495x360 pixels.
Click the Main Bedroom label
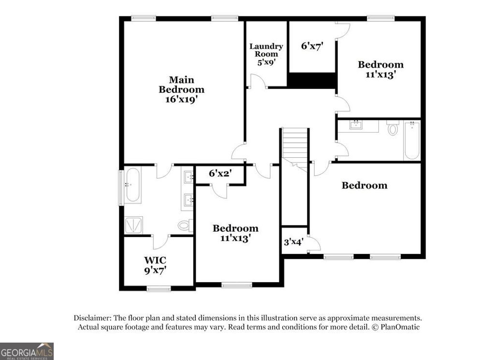(x=181, y=90)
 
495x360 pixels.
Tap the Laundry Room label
(x=266, y=54)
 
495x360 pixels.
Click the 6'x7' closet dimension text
(x=312, y=46)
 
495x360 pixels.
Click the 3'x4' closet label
(x=293, y=241)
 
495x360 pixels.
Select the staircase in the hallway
(x=294, y=145)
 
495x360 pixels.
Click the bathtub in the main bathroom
(x=132, y=184)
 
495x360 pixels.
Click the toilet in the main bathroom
(x=184, y=225)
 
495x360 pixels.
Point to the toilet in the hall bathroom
(x=392, y=129)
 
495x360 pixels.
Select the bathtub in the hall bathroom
(x=412, y=140)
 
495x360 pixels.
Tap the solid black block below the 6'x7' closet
(x=312, y=80)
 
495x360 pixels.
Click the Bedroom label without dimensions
(x=364, y=185)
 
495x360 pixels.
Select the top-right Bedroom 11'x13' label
(x=380, y=69)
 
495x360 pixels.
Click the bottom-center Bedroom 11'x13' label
(x=235, y=233)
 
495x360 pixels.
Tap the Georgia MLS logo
(x=27, y=351)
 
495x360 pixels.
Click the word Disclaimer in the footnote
(x=92, y=318)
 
